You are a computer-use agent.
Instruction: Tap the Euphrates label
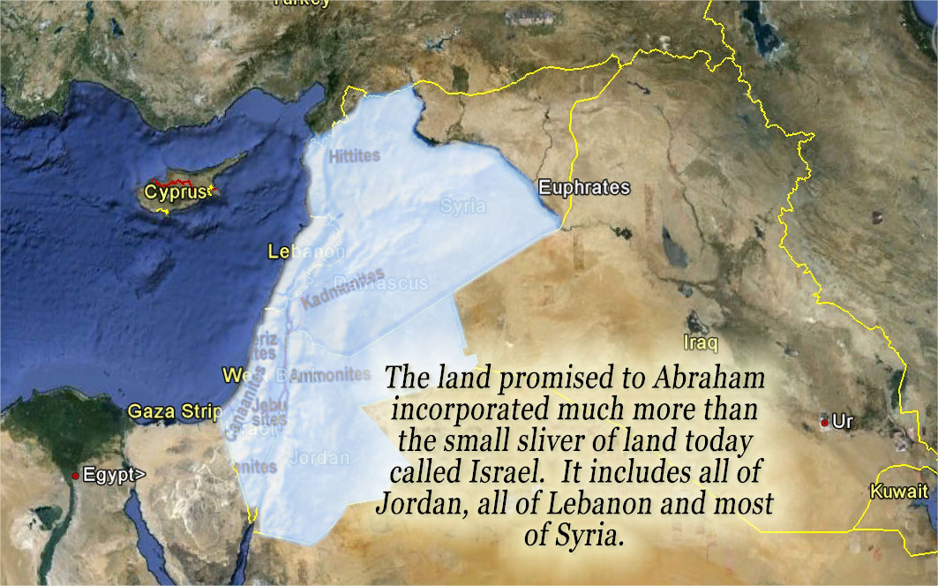point(584,187)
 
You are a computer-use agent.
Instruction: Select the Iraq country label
point(701,342)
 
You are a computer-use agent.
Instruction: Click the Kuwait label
point(898,492)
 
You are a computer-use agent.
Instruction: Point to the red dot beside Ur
point(824,424)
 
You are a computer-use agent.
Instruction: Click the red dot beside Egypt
point(76,475)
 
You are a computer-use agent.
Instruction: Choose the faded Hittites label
point(354,156)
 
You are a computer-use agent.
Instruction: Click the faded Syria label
point(463,206)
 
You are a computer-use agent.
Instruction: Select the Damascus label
point(393,283)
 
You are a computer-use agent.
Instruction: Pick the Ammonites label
point(330,375)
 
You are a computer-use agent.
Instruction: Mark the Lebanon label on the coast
point(306,252)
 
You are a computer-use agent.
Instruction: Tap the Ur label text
point(844,423)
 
